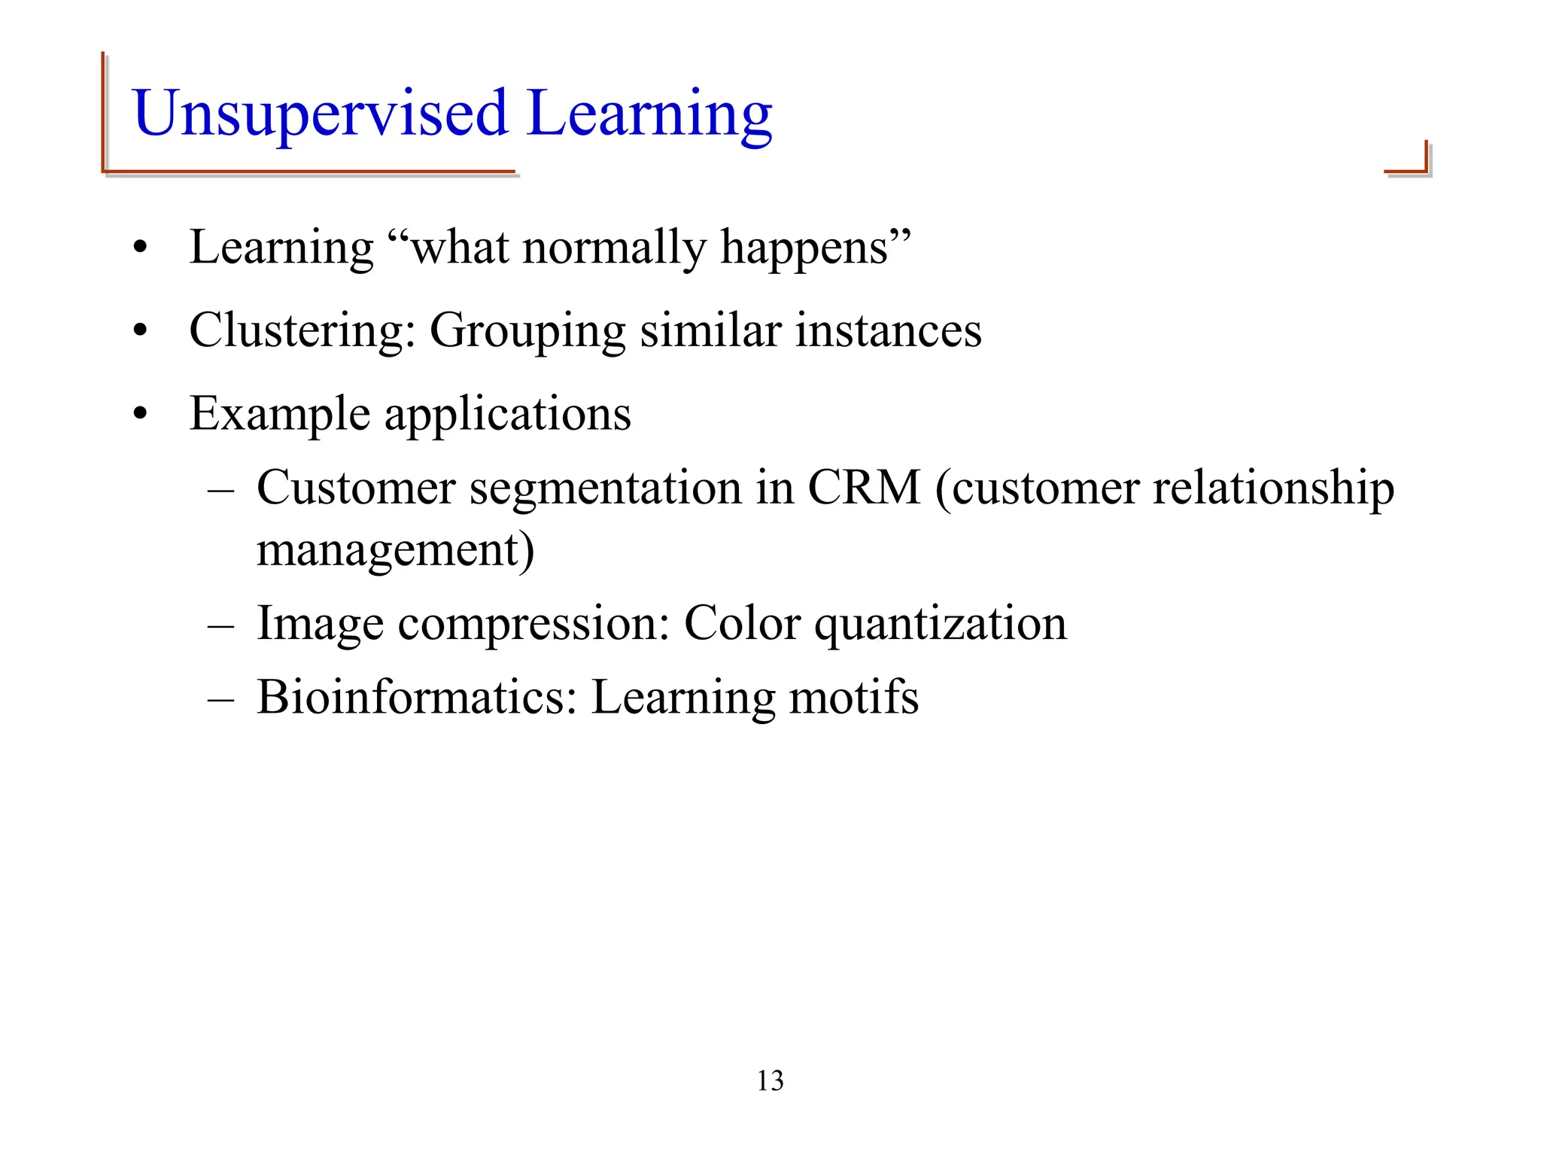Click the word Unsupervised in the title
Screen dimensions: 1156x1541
[x=320, y=114]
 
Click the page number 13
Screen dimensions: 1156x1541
[x=770, y=1081]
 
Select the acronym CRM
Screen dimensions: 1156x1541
[x=864, y=488]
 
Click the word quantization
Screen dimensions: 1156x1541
[x=940, y=623]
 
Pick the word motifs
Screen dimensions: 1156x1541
[x=853, y=697]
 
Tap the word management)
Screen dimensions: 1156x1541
[x=395, y=549]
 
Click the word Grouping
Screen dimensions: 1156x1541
[x=527, y=331]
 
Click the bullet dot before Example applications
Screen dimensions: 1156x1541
[x=139, y=415]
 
